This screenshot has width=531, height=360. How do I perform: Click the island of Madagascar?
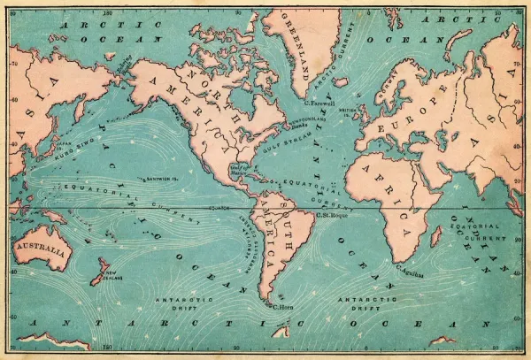(x=436, y=236)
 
